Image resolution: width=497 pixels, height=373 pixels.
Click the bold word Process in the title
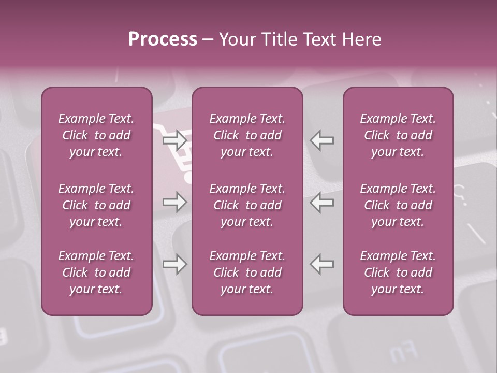pyautogui.click(x=163, y=39)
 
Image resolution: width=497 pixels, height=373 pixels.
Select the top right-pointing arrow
pyautogui.click(x=175, y=140)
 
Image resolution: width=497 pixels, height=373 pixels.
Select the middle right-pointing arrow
pyautogui.click(x=175, y=202)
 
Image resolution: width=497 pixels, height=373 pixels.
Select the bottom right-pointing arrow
pyautogui.click(x=175, y=264)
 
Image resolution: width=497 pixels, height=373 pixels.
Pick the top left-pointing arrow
pyautogui.click(x=322, y=140)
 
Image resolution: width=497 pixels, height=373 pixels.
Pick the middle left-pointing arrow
pyautogui.click(x=322, y=202)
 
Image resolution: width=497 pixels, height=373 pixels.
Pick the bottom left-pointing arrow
pyautogui.click(x=322, y=264)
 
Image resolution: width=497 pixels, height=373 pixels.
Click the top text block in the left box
pyautogui.click(x=96, y=135)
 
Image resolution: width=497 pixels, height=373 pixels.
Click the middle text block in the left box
pyautogui.click(x=96, y=205)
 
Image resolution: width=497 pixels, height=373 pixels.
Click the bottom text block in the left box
pyautogui.click(x=96, y=272)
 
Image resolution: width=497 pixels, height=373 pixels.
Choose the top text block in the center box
pyautogui.click(x=247, y=135)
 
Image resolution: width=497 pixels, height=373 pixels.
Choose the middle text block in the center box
pyautogui.click(x=247, y=205)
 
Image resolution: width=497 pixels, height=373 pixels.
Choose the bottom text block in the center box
pyautogui.click(x=247, y=272)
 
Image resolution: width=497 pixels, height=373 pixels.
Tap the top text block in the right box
pyautogui.click(x=398, y=135)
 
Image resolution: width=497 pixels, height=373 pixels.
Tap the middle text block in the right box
pyautogui.click(x=398, y=205)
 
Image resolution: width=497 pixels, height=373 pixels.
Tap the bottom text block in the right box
pyautogui.click(x=398, y=272)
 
